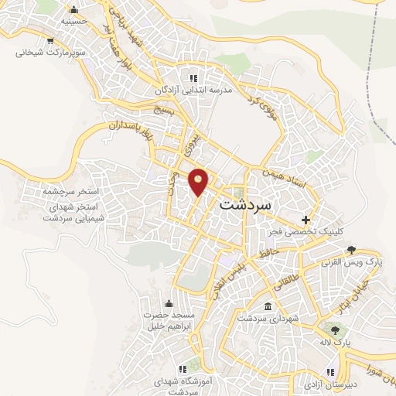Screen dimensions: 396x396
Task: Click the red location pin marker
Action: click(x=200, y=181)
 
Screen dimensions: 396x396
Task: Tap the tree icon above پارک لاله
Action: click(x=335, y=330)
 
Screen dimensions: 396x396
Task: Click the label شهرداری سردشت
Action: click(x=262, y=318)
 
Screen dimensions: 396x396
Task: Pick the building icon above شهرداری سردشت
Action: click(x=268, y=306)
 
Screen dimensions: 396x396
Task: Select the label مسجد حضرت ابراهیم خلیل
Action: click(x=169, y=321)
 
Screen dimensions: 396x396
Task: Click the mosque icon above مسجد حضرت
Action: click(x=169, y=303)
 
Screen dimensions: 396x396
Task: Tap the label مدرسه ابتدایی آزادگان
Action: click(x=193, y=90)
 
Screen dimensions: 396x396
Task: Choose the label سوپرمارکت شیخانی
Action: click(x=48, y=54)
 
